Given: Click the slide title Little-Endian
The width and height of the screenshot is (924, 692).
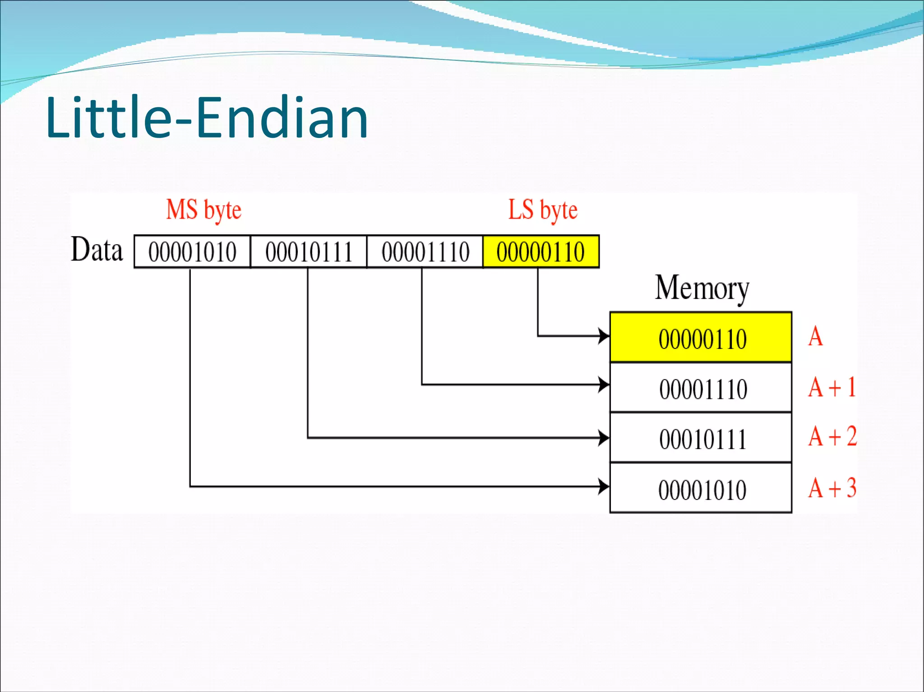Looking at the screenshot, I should coord(207,118).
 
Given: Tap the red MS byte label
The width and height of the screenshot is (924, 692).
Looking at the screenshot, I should coord(203,210).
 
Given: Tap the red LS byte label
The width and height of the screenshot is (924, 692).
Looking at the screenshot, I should coord(543,210).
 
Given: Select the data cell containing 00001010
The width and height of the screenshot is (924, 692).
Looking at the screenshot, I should coord(192,252).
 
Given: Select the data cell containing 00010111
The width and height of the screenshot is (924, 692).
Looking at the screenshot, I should coord(309,252).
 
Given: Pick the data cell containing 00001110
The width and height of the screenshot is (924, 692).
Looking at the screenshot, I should coord(425,252).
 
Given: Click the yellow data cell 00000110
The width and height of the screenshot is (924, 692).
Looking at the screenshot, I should coord(541,252).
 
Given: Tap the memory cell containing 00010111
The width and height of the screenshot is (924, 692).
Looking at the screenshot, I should coord(701,439).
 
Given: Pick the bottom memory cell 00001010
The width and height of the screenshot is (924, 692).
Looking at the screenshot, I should coord(701,489).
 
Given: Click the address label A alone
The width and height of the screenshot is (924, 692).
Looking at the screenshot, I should coord(815,337).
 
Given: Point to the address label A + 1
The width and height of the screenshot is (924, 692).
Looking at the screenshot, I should coord(832,387).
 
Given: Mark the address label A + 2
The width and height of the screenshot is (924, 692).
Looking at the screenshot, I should coord(832,436).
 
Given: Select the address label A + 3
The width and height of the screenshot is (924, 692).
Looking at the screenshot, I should coord(832,488).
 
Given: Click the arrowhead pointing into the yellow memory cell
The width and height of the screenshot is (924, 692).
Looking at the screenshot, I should coord(604,336).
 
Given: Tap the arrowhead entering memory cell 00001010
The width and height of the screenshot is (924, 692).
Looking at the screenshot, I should coord(604,486).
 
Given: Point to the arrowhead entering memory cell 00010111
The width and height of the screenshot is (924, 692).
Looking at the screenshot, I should coord(604,437).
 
